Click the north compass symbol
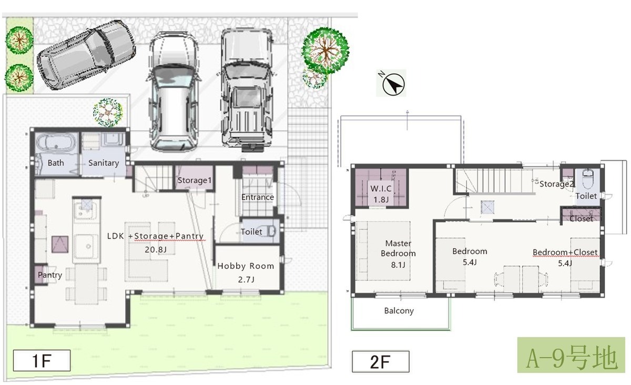pos(393,84)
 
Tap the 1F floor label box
pos(42,360)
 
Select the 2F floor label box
pos(381,361)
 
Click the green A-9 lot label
pos(571,355)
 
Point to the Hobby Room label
pos(246,266)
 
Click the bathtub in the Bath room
pos(56,144)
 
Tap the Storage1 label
pos(195,180)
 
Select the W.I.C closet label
pos(381,188)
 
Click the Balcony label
pos(399,311)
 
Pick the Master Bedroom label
pos(399,248)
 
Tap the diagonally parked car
pos(86,55)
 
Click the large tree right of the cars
pos(325,50)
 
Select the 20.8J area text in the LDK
pos(156,249)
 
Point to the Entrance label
pos(258,197)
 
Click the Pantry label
pos(50,275)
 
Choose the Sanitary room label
pos(104,163)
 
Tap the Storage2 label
pos(556,184)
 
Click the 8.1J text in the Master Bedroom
pos(398,265)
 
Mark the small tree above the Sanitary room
pos(108,112)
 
